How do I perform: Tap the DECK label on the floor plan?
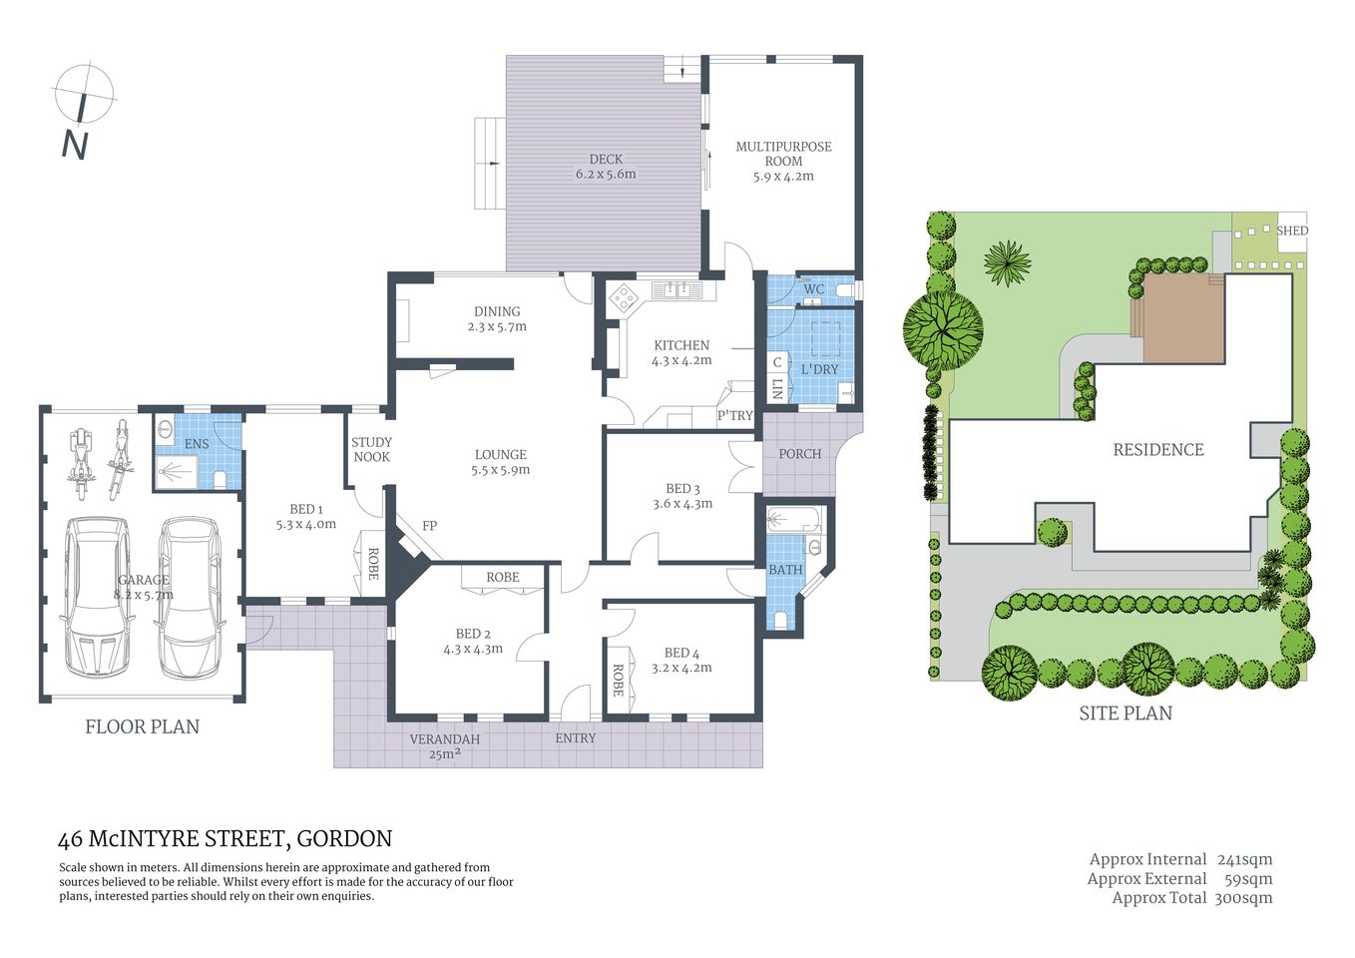click(x=605, y=159)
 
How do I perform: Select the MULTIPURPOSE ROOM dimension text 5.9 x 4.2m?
click(x=783, y=177)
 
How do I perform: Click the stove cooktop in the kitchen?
click(x=625, y=296)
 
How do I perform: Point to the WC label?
click(x=813, y=289)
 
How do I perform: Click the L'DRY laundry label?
click(x=819, y=369)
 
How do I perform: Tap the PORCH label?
click(x=799, y=454)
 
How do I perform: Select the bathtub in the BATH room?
click(x=793, y=520)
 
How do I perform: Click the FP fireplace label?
click(x=429, y=526)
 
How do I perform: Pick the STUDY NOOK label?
click(x=371, y=449)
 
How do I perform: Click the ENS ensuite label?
click(x=197, y=444)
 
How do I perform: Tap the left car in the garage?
click(x=98, y=596)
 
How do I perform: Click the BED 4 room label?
click(x=681, y=653)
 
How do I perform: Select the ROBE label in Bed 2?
click(x=503, y=577)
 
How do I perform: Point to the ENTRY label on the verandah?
click(x=575, y=738)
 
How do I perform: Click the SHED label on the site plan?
click(x=1291, y=231)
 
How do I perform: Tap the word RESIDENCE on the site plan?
click(x=1157, y=450)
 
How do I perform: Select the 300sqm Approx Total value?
click(x=1243, y=898)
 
